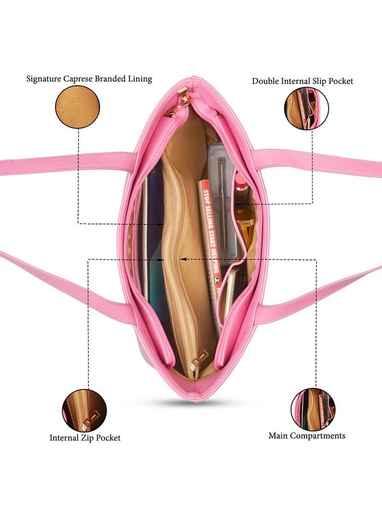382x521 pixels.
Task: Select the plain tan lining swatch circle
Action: tap(77, 107)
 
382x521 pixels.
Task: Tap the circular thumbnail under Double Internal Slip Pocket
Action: tap(306, 108)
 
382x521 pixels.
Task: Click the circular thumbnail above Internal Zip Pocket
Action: tap(85, 410)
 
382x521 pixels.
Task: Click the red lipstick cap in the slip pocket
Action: tap(240, 182)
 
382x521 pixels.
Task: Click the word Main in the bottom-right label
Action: tap(278, 435)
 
